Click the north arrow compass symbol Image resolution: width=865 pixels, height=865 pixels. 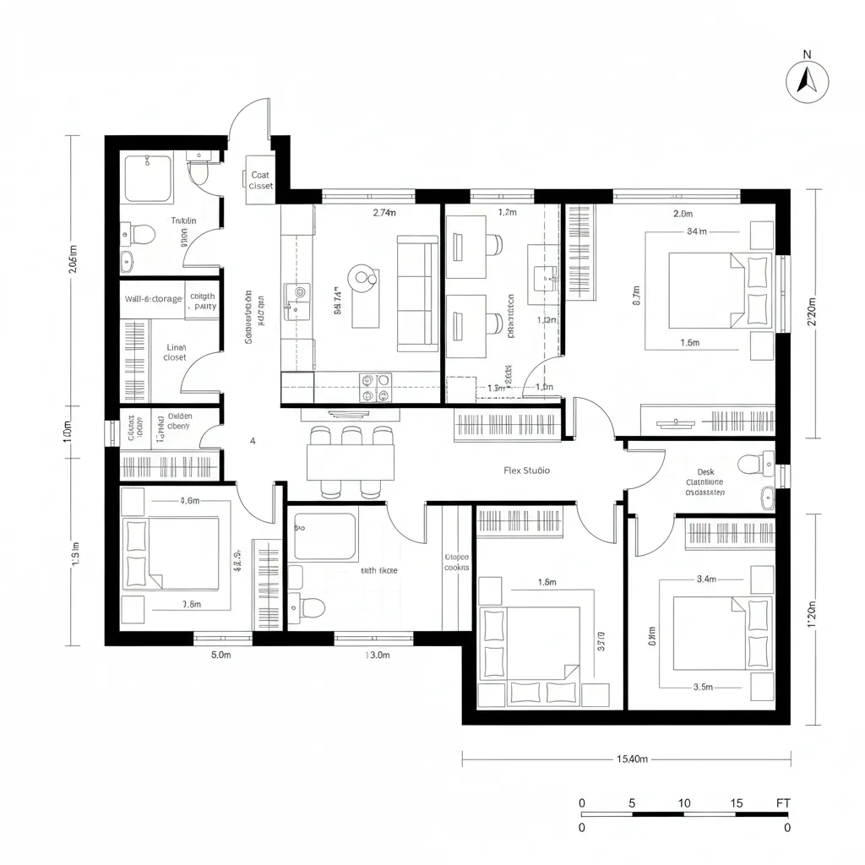808,81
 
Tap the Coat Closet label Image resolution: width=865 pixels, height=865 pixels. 261,181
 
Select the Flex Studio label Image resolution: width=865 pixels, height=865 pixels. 526,471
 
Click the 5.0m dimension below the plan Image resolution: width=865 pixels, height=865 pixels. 220,655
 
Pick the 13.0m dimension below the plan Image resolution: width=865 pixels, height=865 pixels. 377,655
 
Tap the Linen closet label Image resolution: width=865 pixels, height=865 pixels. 175,352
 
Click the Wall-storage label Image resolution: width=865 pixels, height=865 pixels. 153,299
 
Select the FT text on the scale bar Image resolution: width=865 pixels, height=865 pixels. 783,802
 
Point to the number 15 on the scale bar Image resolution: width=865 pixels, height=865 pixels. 737,802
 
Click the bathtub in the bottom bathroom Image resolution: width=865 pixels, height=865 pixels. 325,536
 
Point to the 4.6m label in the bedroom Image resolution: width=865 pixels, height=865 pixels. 190,501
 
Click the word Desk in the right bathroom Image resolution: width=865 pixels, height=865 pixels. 706,472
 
